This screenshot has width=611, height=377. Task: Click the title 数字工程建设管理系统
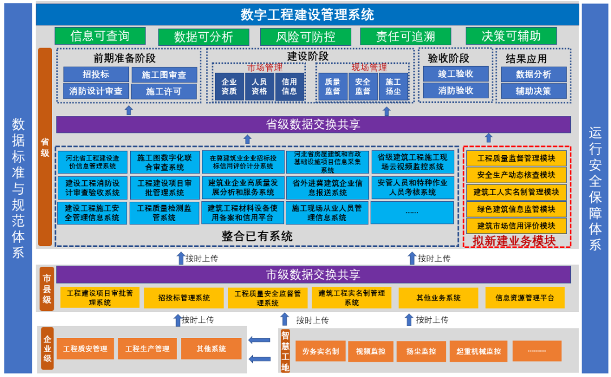[307, 14]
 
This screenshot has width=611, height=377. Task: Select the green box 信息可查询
[100, 36]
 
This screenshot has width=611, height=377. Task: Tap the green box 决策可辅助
[511, 36]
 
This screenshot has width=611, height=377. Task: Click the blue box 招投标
[96, 75]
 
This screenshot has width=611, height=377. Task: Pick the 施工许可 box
[163, 91]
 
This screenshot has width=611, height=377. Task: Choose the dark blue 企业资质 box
[229, 86]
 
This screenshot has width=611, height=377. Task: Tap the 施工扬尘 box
[393, 86]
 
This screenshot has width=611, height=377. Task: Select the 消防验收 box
[455, 90]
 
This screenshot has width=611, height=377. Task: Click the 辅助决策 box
[533, 90]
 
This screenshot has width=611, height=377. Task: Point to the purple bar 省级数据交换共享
[313, 124]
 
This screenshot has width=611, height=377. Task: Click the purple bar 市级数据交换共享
[313, 275]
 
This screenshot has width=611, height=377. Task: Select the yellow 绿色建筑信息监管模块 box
[516, 209]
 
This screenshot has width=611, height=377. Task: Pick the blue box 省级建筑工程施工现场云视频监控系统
[412, 162]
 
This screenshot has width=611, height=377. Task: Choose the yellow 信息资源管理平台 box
[524, 298]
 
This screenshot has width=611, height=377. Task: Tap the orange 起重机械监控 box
[479, 351]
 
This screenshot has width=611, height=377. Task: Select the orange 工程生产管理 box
[147, 349]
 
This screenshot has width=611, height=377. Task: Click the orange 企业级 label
[47, 349]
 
